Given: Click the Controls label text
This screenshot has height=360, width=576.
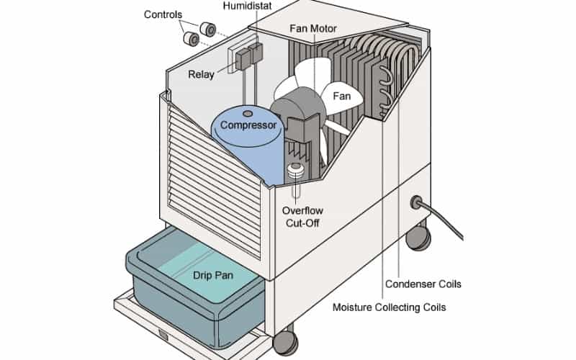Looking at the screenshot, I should point(163,14).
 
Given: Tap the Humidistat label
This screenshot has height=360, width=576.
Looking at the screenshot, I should point(247,6).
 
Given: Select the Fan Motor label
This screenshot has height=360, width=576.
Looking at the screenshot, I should point(313,30).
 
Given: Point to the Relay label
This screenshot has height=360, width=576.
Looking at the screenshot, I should point(202,73).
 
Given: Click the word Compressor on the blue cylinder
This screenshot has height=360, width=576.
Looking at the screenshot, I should point(248,125).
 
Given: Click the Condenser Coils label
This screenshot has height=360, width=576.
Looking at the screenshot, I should point(423,284).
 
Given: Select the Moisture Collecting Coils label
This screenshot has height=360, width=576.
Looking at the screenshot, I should point(389,307).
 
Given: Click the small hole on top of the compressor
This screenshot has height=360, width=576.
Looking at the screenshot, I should point(248,114).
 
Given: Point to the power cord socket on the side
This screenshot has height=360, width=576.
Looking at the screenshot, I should point(415,203).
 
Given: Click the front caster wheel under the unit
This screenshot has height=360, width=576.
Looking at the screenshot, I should point(287,341).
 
